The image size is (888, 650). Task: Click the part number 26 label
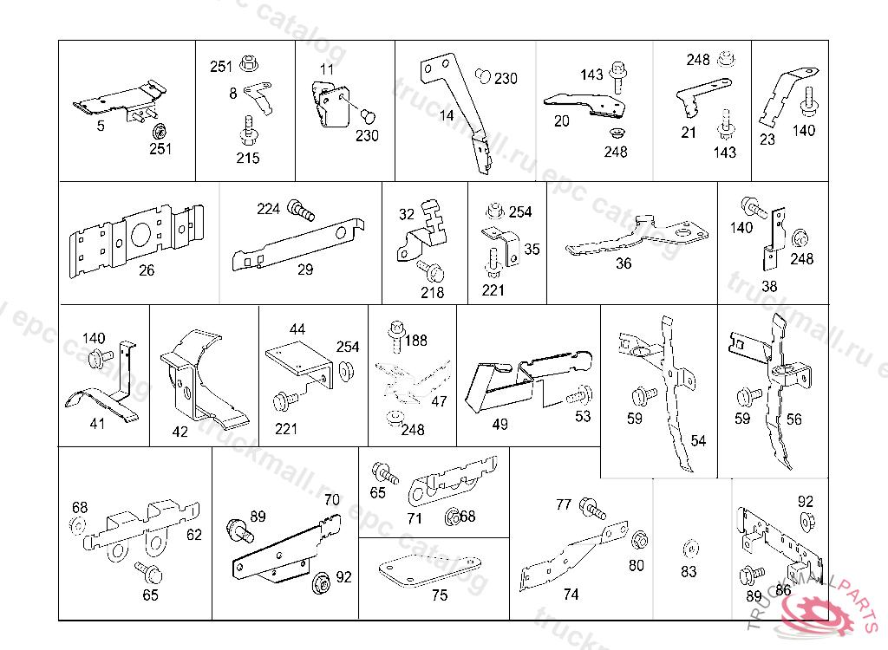147,270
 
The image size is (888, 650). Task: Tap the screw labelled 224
300,208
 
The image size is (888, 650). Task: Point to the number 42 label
180,432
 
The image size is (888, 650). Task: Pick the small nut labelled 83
689,548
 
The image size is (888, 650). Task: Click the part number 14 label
447,115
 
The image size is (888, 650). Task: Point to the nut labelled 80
640,540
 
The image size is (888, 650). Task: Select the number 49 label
499,425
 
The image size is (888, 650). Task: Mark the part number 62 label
194,535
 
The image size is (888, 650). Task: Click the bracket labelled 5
118,101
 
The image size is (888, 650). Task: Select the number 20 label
562,121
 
